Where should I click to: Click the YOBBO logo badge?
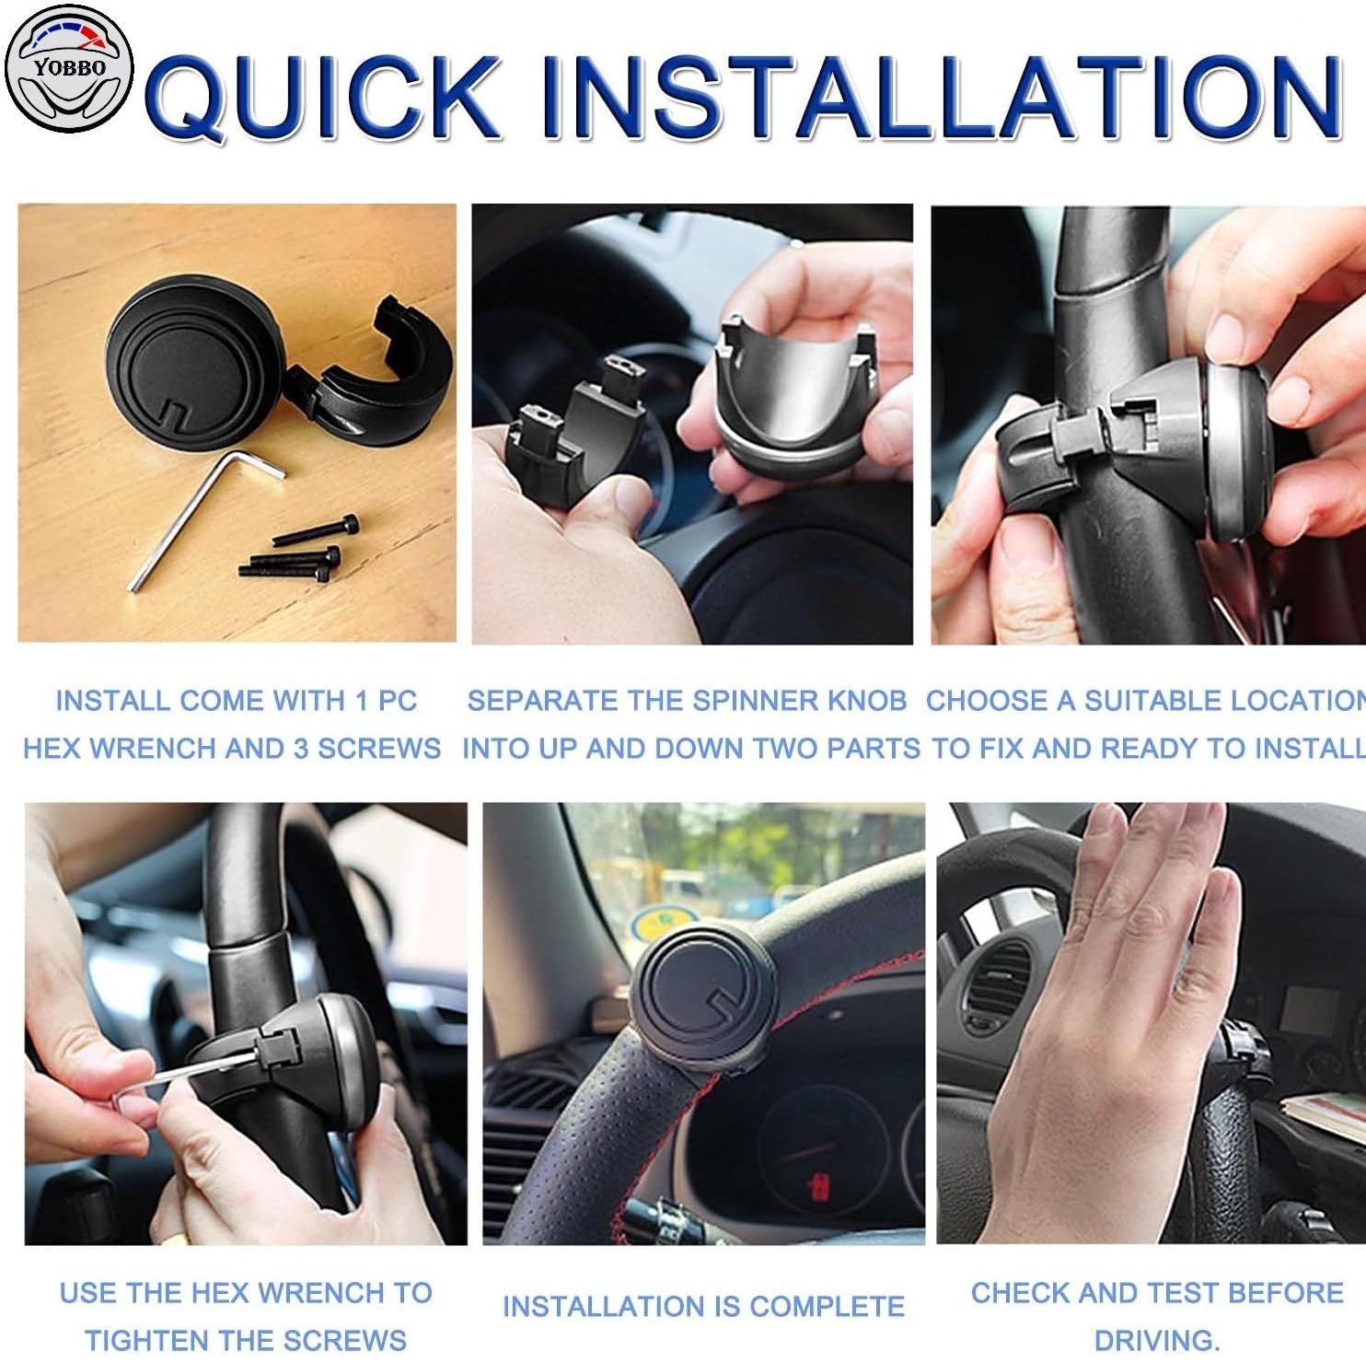click(69, 68)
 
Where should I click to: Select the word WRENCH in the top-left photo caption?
click(155, 748)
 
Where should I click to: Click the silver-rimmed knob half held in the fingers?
click(782, 397)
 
